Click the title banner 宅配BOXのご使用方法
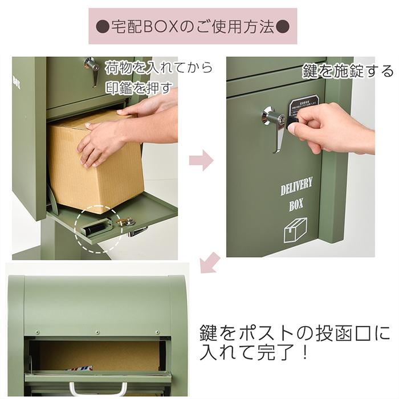coord(193,26)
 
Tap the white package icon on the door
coord(296,229)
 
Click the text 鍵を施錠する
coord(348,71)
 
